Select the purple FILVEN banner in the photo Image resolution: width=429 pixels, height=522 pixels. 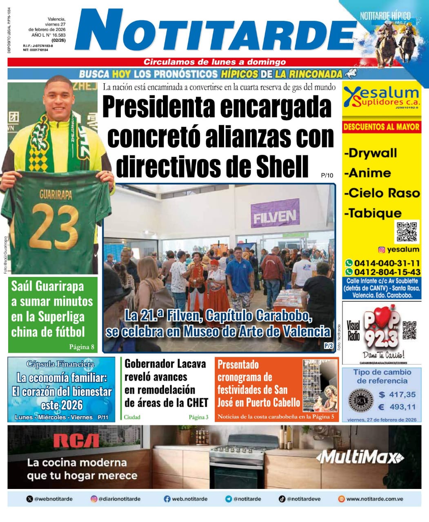pyautogui.click(x=274, y=216)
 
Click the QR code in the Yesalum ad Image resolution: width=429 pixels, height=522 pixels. pyautogui.click(x=407, y=232)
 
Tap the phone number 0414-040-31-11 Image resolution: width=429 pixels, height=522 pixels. pyautogui.click(x=387, y=263)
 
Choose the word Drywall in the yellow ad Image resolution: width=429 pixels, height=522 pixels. pyautogui.click(x=371, y=153)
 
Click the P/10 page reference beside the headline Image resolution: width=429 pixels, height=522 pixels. pyautogui.click(x=327, y=175)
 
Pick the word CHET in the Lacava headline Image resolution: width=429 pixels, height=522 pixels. pyautogui.click(x=197, y=403)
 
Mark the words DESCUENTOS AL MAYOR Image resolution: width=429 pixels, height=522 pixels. pyautogui.click(x=381, y=126)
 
